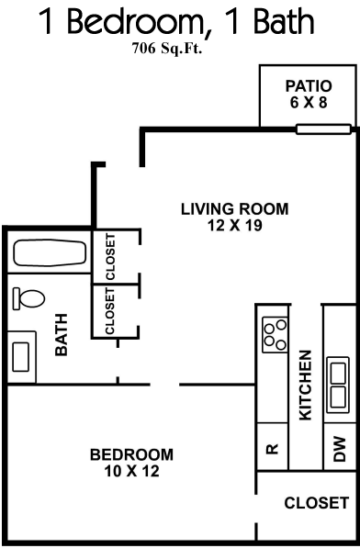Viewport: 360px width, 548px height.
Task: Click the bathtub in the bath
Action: click(50, 252)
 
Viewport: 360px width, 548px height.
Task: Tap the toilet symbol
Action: click(28, 298)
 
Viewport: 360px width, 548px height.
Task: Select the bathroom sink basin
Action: click(20, 357)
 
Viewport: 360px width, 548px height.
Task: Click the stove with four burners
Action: click(276, 334)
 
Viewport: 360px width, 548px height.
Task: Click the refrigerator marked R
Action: click(272, 448)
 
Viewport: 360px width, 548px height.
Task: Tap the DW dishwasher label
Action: click(340, 449)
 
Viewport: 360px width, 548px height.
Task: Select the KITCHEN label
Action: click(306, 386)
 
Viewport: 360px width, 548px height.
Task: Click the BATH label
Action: click(62, 335)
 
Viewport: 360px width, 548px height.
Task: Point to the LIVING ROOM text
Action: click(235, 209)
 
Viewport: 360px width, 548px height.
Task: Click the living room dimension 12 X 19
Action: click(235, 226)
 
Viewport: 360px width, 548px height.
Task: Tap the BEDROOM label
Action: click(131, 454)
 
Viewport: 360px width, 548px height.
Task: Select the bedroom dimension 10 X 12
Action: click(131, 471)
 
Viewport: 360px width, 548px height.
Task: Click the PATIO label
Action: click(309, 86)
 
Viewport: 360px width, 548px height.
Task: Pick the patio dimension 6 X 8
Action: click(309, 103)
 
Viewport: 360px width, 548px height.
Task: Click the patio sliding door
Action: click(323, 129)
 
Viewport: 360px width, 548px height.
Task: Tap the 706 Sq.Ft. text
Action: click(167, 49)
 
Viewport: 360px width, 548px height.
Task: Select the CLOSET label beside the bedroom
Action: click(317, 503)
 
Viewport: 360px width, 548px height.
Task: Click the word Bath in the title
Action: click(284, 21)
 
